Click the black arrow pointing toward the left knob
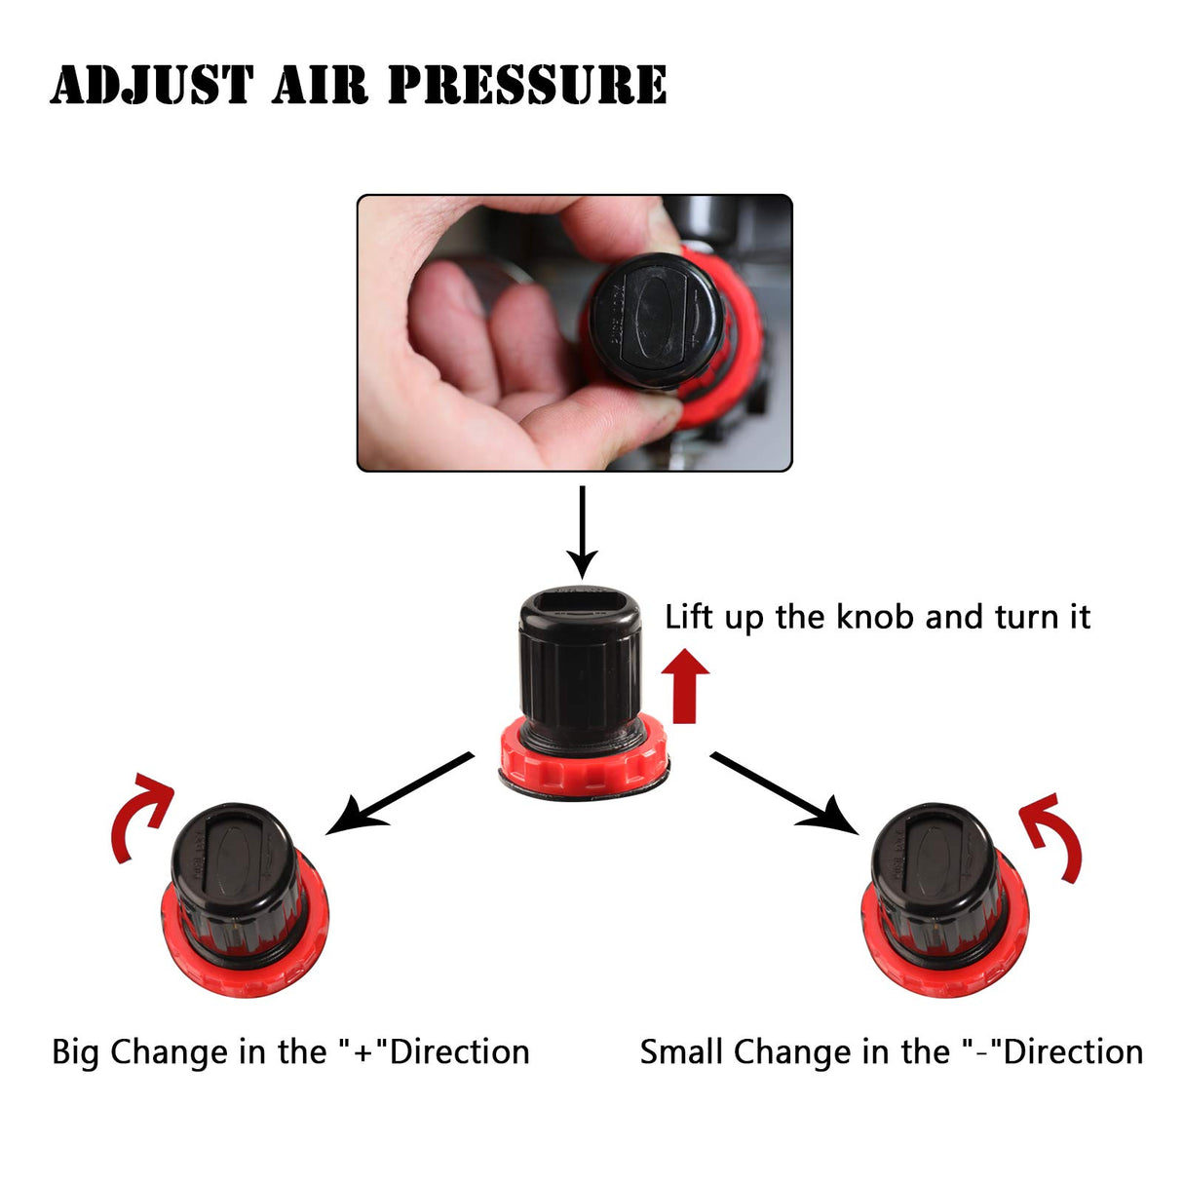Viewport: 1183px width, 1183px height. point(400,793)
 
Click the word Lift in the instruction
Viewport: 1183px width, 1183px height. point(690,617)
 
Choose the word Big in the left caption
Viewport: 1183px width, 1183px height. point(75,1052)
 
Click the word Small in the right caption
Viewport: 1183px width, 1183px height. point(682,1052)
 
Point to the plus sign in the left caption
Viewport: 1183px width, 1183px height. point(363,1052)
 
